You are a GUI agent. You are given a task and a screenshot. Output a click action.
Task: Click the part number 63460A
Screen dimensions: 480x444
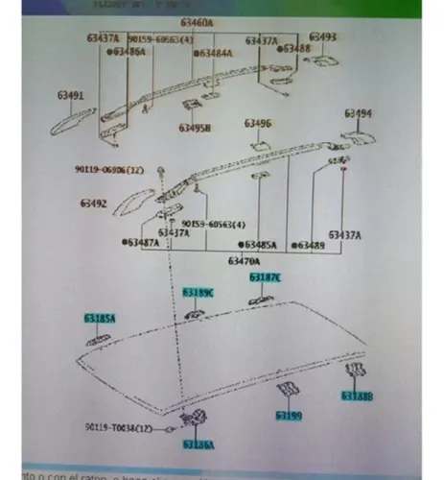coord(198,21)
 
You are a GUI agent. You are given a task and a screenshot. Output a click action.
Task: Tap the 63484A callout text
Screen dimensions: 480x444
coord(214,54)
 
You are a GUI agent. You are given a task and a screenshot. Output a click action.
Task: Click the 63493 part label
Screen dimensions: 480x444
coord(323,37)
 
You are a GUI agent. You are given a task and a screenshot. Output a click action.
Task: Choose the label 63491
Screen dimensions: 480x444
coord(68,95)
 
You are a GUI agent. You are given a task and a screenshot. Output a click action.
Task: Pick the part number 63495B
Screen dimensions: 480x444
coord(195,127)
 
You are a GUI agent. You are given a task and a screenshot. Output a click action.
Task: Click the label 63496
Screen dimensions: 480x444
coord(257,123)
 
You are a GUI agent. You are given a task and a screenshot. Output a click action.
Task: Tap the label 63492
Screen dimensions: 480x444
coord(94,204)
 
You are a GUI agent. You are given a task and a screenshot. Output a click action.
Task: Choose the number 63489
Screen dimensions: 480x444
coord(311,245)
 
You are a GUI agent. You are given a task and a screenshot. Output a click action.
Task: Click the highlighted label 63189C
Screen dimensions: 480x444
coord(198,291)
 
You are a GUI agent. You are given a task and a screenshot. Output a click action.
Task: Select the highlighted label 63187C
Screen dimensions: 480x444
coord(266,276)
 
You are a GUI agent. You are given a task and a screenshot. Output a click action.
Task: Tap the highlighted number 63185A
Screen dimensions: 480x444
coord(98,317)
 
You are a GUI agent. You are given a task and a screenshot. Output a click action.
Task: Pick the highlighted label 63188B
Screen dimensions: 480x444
coord(356,395)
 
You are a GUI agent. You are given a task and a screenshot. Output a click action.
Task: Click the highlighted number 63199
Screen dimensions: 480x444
coord(289,416)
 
